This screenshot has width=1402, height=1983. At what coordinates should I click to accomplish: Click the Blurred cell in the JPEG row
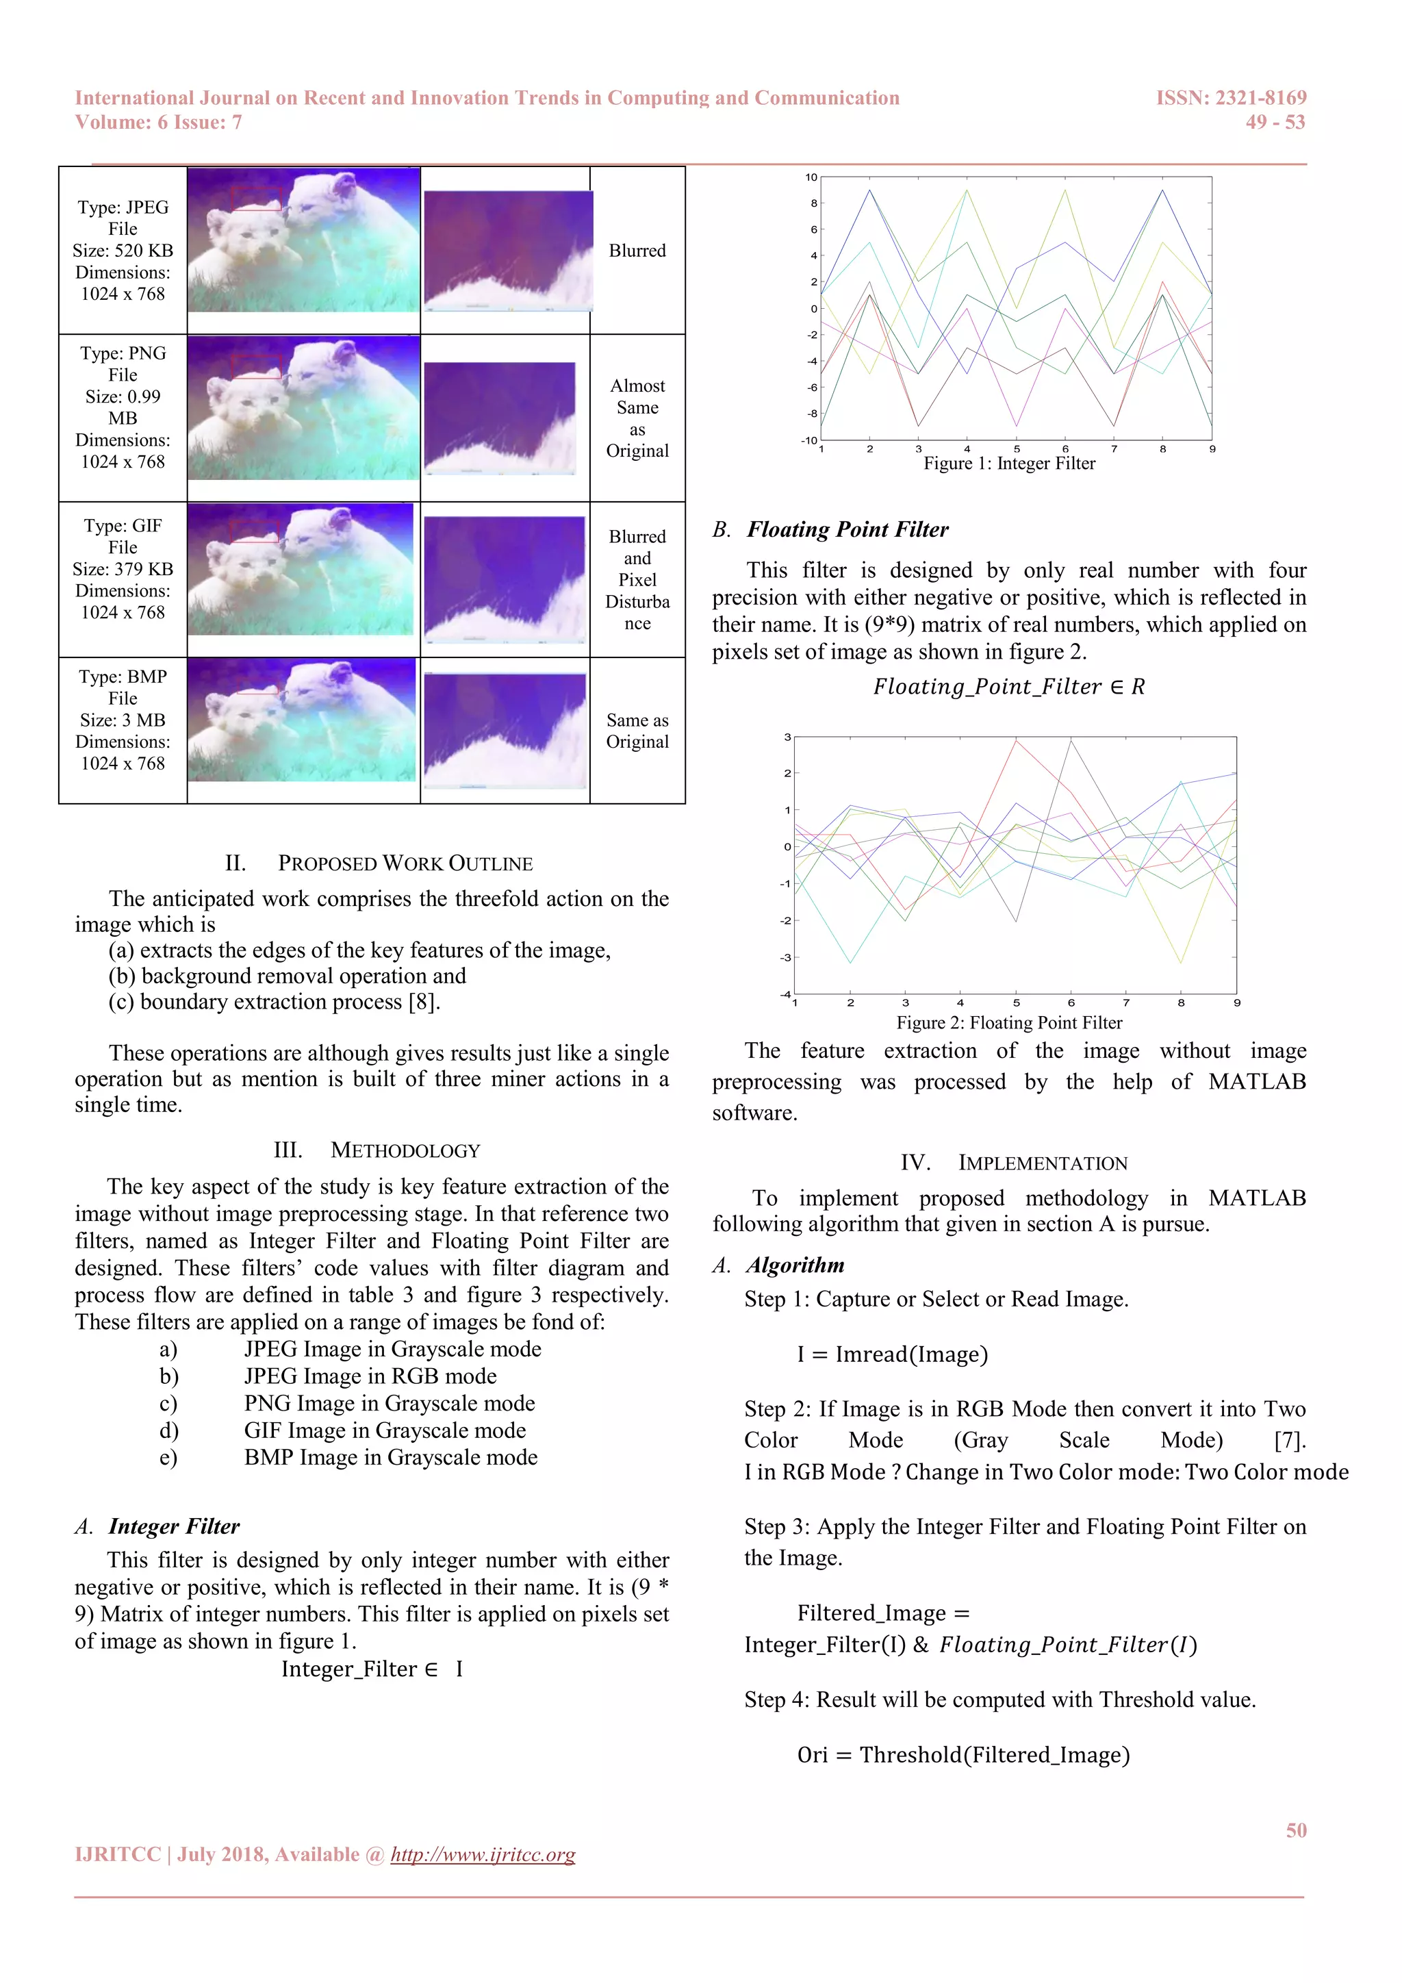[637, 251]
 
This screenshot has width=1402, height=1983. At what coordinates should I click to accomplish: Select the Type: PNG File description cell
[123, 407]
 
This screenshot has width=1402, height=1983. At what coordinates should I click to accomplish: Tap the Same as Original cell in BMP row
[637, 731]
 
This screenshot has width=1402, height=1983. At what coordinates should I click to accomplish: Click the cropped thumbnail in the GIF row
[505, 579]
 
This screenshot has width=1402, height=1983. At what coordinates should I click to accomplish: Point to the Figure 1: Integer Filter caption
[1008, 464]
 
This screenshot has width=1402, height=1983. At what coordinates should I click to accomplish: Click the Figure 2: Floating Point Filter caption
[1008, 1022]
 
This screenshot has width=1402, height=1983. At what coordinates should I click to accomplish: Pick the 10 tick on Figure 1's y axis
[811, 177]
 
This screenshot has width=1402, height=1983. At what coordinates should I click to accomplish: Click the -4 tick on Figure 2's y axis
[786, 994]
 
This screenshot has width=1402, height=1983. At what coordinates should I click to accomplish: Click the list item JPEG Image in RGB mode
[370, 1376]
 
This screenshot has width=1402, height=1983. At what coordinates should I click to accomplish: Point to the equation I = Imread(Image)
[892, 1354]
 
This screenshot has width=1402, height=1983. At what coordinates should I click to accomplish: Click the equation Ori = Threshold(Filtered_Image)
[963, 1755]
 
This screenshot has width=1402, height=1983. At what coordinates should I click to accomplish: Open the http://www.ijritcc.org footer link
[483, 1854]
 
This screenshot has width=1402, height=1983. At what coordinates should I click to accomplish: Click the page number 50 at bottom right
[1295, 1830]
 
